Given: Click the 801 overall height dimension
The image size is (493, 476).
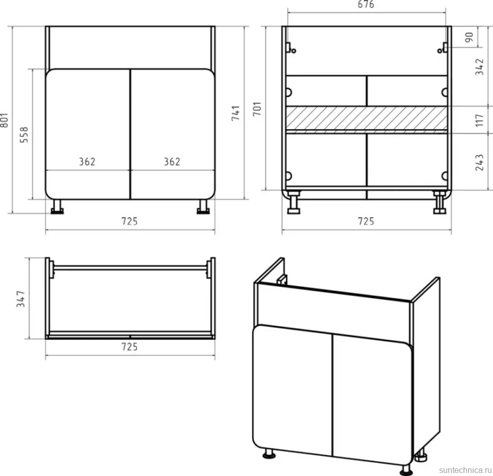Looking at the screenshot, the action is click(4, 120).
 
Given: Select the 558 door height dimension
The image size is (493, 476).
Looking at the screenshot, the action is click(24, 135).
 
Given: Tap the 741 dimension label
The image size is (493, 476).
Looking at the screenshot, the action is click(235, 113).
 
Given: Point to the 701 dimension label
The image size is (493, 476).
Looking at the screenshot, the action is click(257, 108).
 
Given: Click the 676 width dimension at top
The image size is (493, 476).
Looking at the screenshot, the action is click(366, 4).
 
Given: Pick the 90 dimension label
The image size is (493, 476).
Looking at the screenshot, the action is click(469, 37).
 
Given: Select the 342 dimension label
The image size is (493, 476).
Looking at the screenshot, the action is click(479, 67).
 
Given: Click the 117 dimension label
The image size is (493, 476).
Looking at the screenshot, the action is click(479, 121).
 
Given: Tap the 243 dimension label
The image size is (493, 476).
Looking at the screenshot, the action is click(479, 162).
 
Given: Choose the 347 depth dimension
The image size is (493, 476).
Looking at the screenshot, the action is click(21, 299).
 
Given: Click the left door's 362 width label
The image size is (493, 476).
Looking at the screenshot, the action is click(87, 162).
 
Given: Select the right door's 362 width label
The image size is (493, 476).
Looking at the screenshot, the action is click(172, 162).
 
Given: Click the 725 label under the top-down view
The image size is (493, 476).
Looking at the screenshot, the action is click(130, 347).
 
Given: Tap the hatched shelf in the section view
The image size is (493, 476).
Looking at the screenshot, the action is click(366, 118).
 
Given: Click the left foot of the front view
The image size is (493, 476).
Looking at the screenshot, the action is click(57, 207).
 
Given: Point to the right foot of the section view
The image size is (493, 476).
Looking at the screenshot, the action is click(439, 203).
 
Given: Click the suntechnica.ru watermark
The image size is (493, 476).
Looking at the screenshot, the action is click(465, 470).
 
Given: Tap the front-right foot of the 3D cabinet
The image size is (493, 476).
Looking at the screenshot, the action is click(406, 470).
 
